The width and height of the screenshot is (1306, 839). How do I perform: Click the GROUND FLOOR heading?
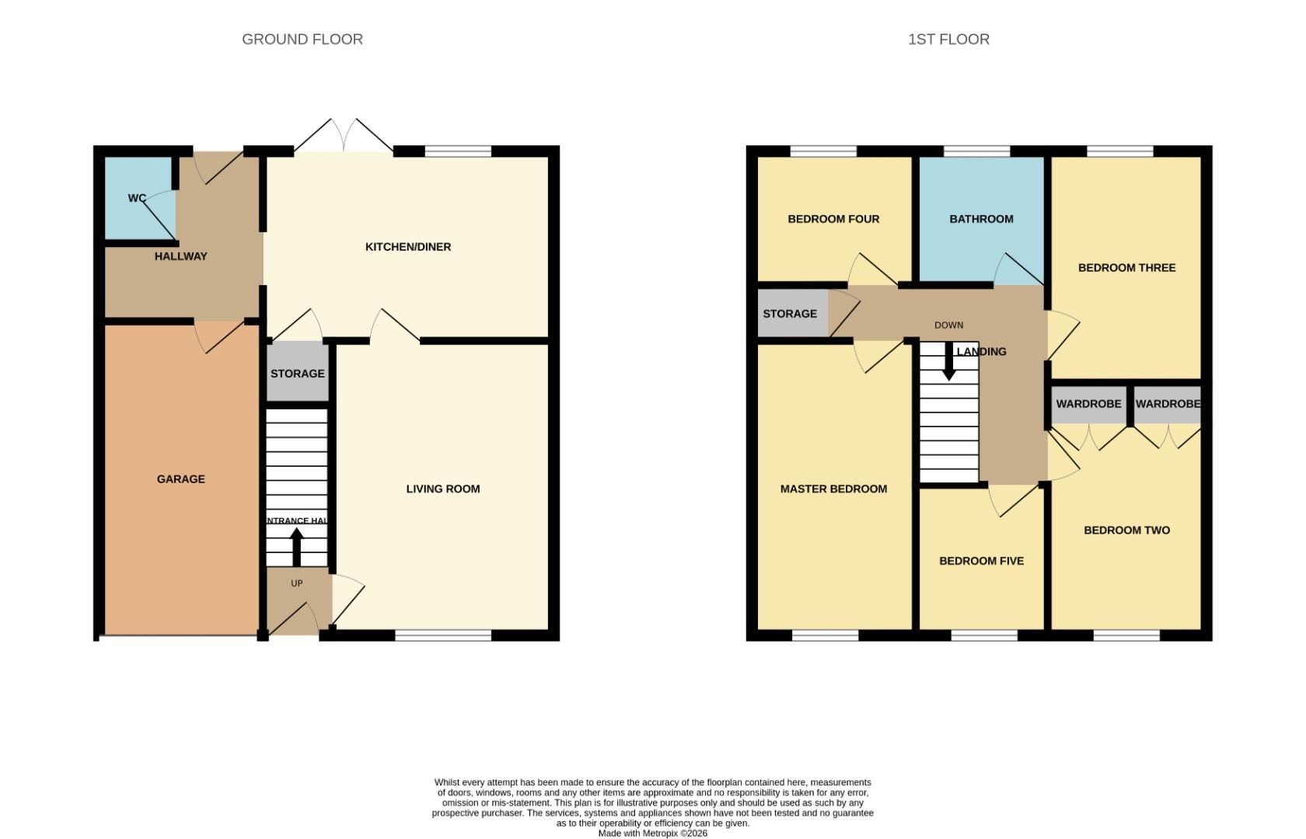pos(302,39)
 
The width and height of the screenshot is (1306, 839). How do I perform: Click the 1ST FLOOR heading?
pos(948,39)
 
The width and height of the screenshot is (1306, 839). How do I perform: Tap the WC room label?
pos(137,198)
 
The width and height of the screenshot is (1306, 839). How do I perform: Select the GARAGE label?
pos(181,479)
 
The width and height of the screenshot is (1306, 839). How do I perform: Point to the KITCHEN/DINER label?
pos(408,247)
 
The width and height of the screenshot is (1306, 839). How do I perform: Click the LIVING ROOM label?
pos(443,489)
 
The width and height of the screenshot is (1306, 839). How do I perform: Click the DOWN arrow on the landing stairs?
pos(948,362)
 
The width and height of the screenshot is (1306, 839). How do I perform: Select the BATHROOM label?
pos(981,219)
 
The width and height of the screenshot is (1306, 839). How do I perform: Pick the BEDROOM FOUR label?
pos(833,219)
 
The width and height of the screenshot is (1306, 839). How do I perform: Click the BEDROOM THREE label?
pos(1126,268)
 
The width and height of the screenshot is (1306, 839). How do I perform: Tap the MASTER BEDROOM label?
pos(833,489)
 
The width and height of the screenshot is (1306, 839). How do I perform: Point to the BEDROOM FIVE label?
pos(981,561)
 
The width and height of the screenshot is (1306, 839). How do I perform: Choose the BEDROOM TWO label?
pos(1126,531)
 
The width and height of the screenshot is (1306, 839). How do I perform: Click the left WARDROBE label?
pos(1088,404)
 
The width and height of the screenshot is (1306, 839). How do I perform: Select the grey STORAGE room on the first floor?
pos(790,314)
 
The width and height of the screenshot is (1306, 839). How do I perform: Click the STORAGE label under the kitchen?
pos(298,374)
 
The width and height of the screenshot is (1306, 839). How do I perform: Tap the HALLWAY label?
pos(180,256)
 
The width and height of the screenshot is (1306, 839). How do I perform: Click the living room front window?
pos(443,635)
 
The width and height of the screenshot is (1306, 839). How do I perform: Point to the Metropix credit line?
pos(652,834)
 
